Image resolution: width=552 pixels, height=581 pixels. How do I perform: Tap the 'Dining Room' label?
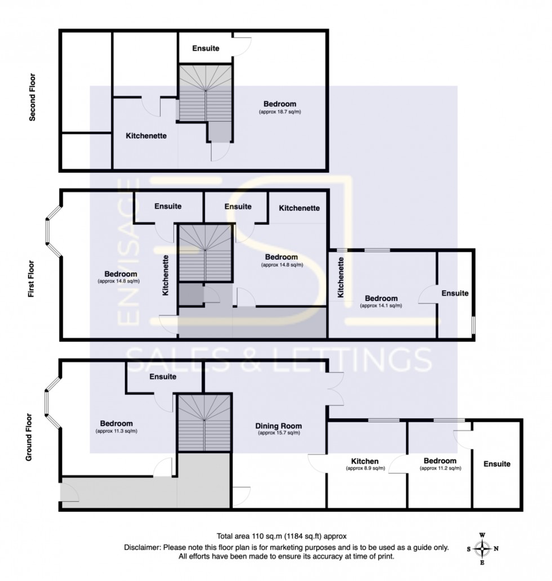click(x=279, y=426)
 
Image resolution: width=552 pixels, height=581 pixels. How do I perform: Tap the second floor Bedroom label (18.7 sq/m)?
click(x=280, y=104)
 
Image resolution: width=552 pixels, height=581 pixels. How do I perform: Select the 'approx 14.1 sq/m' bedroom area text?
click(x=381, y=306)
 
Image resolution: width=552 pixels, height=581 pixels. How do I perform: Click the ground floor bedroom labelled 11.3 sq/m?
click(x=117, y=423)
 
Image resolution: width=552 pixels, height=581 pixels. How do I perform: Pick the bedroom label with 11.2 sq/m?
click(x=440, y=461)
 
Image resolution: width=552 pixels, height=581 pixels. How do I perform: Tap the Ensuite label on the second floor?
click(x=206, y=48)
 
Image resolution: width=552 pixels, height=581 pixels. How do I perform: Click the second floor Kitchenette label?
click(x=146, y=136)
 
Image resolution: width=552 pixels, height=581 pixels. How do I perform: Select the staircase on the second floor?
click(x=205, y=93)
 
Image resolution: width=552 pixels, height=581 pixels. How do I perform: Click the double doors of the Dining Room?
click(x=335, y=389)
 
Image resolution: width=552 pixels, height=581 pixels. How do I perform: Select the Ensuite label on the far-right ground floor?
click(x=496, y=464)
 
